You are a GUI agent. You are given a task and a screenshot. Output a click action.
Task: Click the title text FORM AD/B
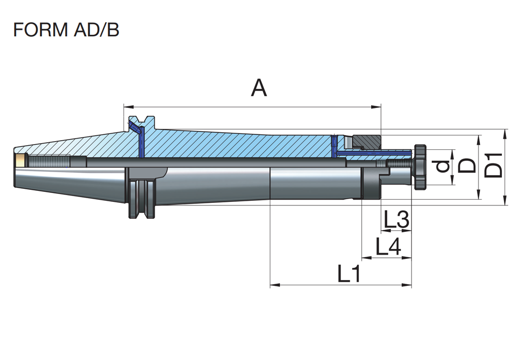[66, 30]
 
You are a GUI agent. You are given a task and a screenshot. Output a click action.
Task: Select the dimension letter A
[258, 88]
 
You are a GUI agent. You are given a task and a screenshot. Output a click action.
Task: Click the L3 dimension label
[397, 220]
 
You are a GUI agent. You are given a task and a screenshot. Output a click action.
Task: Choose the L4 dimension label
[388, 247]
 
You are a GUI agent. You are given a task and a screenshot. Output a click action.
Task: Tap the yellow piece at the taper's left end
[20, 160]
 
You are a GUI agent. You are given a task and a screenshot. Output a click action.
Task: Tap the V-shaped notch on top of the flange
[141, 120]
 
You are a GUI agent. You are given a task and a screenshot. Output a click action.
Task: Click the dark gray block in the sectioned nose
[366, 141]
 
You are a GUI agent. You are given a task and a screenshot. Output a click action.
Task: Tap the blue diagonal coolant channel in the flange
[135, 127]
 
